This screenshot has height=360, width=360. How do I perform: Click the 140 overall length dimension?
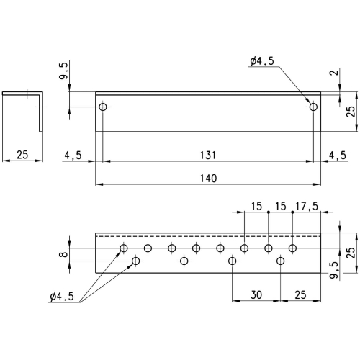point(209,179)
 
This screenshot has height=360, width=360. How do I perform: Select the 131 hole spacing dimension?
point(208,156)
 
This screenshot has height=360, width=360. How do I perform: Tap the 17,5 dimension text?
point(307,206)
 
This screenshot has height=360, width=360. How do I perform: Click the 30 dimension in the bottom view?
point(256,294)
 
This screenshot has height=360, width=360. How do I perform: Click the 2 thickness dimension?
point(337,72)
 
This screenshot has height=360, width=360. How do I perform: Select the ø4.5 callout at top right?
point(262,61)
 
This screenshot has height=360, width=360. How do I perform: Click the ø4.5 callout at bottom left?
point(62,297)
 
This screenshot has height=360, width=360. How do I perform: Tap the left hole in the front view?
point(103,107)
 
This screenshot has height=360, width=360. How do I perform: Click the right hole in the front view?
point(313,107)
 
